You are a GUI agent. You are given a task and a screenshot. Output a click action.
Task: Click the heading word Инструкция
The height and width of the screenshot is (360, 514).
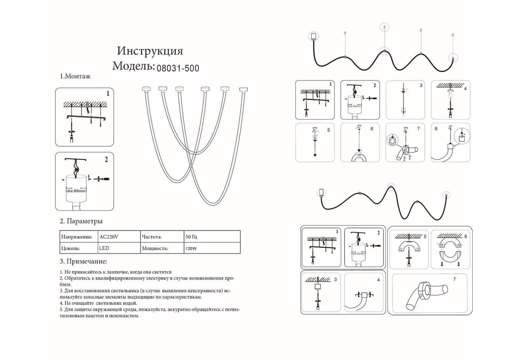[150, 51]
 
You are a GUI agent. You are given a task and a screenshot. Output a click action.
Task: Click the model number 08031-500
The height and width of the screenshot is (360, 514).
[178, 68]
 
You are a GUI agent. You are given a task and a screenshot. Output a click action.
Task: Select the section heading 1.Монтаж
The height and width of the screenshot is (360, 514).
[75, 76]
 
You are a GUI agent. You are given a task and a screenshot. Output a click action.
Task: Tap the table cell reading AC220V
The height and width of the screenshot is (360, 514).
[109, 237]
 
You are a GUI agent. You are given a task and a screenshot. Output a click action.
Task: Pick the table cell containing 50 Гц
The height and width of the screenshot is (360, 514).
[191, 237]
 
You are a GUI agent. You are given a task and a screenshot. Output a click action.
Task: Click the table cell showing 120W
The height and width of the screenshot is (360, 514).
[191, 248]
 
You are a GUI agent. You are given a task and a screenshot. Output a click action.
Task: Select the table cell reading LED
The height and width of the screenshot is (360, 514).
[104, 248]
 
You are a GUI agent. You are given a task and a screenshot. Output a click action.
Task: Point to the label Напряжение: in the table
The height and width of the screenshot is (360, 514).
[77, 237]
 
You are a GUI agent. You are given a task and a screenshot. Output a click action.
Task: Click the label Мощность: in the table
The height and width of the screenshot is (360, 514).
[155, 248]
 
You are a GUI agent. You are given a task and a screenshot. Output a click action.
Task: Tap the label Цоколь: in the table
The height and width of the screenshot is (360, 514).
[70, 248]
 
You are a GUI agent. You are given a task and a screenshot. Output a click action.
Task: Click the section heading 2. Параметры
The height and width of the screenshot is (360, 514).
[81, 221]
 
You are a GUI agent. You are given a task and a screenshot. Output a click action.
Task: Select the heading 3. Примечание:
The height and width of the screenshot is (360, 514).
[83, 262]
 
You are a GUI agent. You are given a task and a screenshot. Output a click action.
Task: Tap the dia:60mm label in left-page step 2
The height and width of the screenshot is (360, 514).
[76, 191]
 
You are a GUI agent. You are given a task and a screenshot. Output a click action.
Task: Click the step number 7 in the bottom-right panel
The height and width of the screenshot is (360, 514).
[454, 279]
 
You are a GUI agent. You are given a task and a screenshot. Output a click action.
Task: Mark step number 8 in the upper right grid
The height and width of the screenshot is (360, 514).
[436, 129]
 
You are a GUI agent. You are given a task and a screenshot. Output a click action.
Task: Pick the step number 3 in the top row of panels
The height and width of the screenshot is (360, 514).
[421, 85]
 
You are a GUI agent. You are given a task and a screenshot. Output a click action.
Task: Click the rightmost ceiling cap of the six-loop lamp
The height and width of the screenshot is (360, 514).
[244, 89]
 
